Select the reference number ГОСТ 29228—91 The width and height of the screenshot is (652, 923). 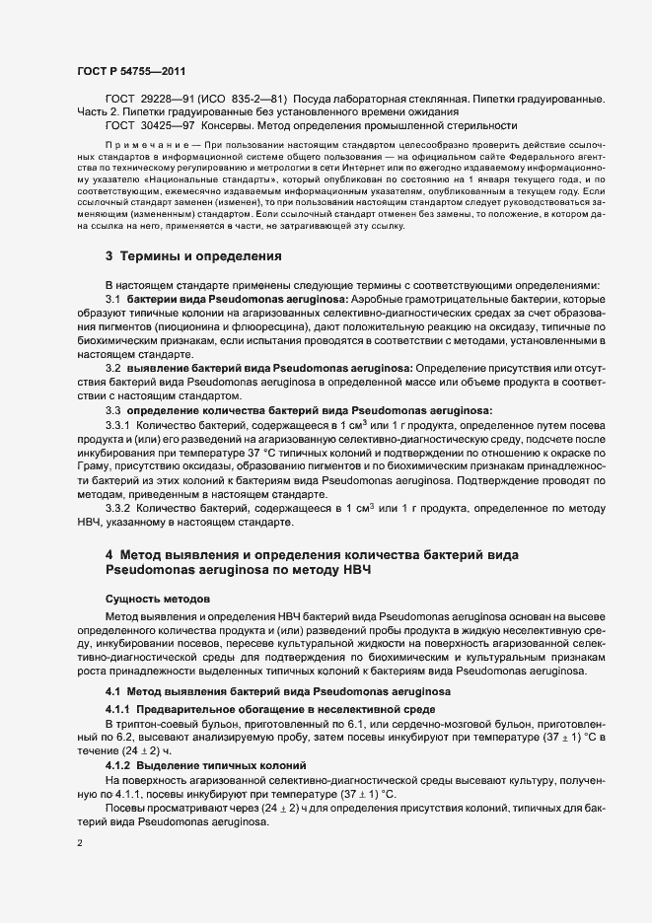[149, 100]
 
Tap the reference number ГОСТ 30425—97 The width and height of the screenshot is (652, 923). [149, 125]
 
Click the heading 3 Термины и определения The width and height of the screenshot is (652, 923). [194, 256]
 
